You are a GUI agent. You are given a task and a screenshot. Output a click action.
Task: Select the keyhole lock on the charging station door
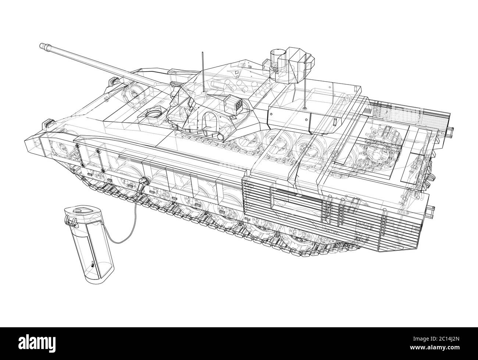[x=92, y=264]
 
